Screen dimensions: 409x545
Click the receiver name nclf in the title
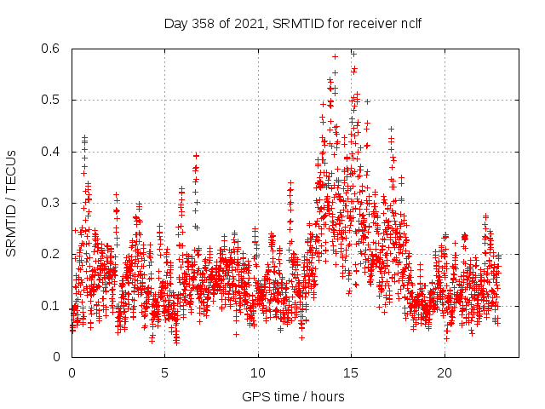(x=410, y=23)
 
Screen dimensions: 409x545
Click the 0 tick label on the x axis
(x=72, y=373)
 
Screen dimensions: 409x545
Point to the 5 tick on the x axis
(x=165, y=373)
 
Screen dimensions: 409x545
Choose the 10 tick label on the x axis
(x=258, y=373)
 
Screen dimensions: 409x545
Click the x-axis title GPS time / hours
(x=294, y=396)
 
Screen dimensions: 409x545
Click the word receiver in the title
(x=371, y=23)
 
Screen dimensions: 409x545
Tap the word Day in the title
(x=175, y=23)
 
